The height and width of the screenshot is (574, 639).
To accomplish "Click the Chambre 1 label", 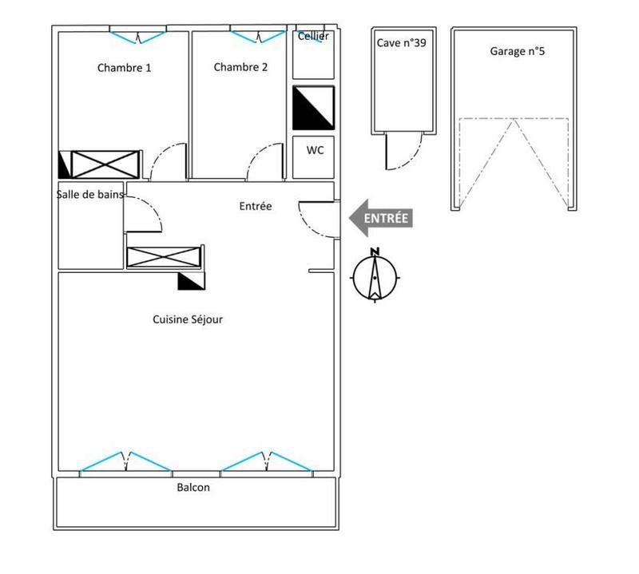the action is tap(124, 68).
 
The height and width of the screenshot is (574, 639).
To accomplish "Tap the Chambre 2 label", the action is tap(240, 67).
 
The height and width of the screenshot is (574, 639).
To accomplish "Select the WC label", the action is tap(315, 150).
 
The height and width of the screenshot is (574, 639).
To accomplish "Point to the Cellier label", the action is tap(313, 36).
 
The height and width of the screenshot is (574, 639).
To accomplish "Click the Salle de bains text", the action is tap(89, 194).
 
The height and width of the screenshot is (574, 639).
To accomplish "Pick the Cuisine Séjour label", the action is tap(188, 319).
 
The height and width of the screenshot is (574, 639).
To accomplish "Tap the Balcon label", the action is tap(193, 487).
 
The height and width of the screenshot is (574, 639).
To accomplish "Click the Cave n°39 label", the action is tap(402, 43).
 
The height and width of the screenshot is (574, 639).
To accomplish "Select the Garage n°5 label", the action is tap(517, 51).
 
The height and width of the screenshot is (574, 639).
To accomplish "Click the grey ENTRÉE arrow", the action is tap(381, 218).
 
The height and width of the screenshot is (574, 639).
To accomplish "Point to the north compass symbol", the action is tap(375, 276).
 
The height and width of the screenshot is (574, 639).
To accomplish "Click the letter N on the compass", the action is tap(375, 251).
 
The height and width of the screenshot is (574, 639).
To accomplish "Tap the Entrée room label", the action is tap(256, 206).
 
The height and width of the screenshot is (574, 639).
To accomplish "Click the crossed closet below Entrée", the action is tap(164, 257).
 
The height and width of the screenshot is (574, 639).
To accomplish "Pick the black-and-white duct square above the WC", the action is tap(313, 108).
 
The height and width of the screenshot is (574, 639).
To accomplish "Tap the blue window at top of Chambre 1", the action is tap(137, 37).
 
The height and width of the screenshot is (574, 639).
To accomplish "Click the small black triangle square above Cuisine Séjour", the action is tap(192, 281).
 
